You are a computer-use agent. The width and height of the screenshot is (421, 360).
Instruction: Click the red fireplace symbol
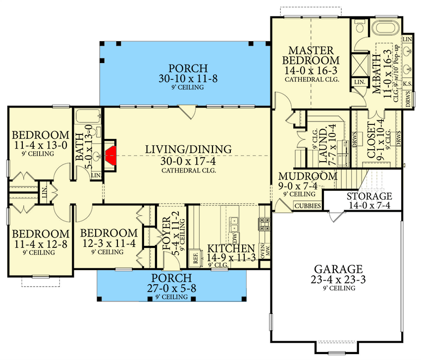coord(111,156)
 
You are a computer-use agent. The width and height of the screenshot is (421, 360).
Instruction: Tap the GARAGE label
coord(338,269)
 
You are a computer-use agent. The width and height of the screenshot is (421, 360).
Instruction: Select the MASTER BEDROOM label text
coord(311,56)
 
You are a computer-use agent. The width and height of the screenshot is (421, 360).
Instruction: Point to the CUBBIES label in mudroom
coord(308,206)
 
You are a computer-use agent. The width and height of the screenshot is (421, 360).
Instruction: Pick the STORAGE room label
coord(369,196)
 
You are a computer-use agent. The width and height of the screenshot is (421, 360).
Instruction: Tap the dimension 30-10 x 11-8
coord(188,78)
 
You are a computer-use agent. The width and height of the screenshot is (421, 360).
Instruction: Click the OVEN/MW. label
coord(264,251)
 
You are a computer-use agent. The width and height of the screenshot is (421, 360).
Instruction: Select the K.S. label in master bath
coord(407,84)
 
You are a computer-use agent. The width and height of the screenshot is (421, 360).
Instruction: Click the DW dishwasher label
coord(235,238)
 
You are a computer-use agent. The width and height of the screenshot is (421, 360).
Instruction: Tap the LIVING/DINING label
coord(189,149)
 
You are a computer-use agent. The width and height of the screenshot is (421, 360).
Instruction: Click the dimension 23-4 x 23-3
coord(338,280)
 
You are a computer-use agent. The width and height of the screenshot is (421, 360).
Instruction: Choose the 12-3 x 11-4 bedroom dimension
coord(109,243)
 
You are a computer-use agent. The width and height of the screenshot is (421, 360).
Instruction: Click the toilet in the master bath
coord(359,26)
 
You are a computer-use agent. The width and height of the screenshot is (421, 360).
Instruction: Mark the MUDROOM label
coord(308,177)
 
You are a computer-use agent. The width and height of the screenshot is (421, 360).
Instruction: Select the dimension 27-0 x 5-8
coord(171,288)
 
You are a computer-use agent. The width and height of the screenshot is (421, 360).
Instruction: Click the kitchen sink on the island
coord(234,225)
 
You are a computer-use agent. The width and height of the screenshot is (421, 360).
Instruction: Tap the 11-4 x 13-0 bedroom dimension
coord(41,145)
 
